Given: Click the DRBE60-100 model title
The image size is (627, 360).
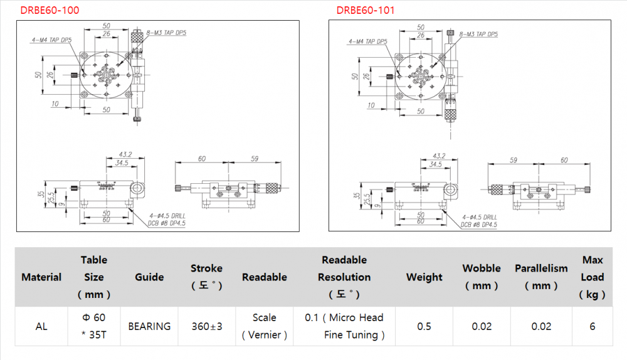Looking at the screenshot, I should pos(50,11).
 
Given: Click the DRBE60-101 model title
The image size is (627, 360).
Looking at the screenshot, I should pos(366,11).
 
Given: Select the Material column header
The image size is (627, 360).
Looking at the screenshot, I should pos(41,277).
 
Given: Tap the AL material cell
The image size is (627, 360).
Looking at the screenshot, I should pos(41,326).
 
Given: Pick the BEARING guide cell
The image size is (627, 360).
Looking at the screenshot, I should pos(149,326).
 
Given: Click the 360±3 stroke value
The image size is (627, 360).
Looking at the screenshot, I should pos(206,326).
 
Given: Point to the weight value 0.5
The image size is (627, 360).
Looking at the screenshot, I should pos(424,326).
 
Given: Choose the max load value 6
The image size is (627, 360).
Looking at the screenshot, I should pos(592,326).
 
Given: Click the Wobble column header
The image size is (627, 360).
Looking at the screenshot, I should pos(482,277).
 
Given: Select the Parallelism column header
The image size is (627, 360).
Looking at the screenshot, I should pos(541,277).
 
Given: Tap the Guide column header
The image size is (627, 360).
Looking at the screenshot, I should pos(149,277).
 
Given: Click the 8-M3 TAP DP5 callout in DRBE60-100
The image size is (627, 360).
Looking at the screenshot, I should pos(167,33).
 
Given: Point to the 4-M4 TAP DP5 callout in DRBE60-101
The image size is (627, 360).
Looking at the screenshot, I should pos(368,42).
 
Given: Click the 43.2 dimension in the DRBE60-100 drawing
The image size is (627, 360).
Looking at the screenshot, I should pos(125,154).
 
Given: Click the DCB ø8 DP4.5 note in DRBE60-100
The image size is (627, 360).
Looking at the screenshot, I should pos(167,223).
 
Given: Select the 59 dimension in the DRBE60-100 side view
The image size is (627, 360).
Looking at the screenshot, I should pos(255,159).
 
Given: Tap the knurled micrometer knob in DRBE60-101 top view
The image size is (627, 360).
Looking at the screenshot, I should pos(451,114).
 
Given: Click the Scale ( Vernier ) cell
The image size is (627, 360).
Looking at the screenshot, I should pos(265,326).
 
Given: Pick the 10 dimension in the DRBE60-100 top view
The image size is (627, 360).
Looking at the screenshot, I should pos(56,103).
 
